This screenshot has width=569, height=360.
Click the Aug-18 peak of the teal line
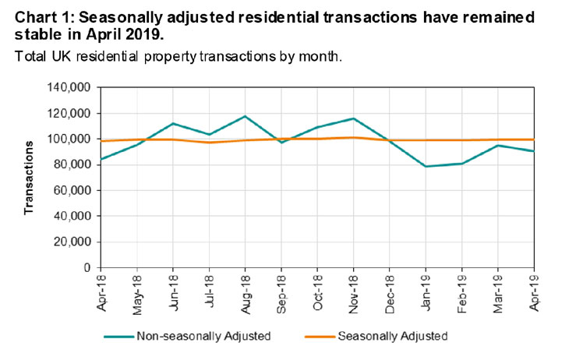(245, 116)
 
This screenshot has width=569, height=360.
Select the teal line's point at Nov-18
(353, 118)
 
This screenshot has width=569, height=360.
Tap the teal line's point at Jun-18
(173, 123)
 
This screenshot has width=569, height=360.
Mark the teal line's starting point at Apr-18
(101, 159)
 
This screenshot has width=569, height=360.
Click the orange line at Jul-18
(209, 143)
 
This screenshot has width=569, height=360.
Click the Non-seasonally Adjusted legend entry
(203, 337)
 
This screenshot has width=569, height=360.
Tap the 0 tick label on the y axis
(87, 267)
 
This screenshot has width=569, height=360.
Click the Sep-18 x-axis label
(281, 293)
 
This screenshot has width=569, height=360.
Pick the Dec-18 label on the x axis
(389, 293)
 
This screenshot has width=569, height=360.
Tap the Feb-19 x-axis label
(461, 293)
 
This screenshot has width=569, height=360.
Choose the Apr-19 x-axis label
(533, 293)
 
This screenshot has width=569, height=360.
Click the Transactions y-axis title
(28, 178)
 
